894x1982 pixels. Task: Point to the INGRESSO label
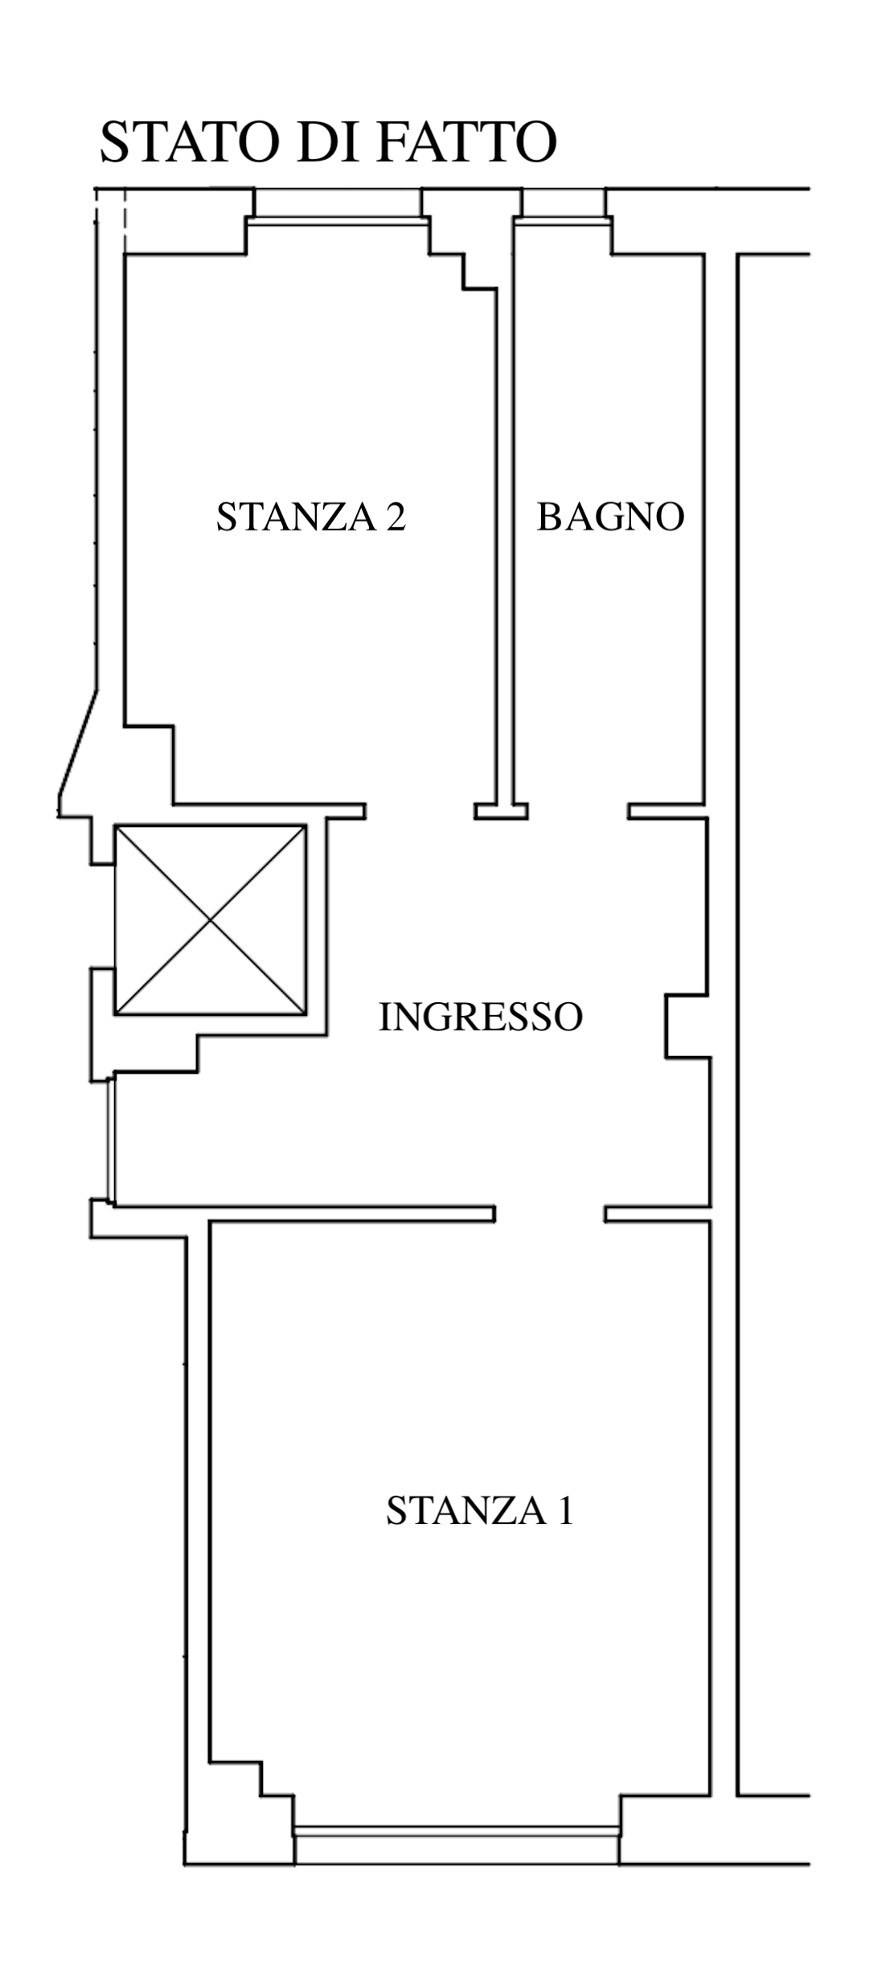480,1018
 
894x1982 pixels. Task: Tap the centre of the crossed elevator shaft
211,919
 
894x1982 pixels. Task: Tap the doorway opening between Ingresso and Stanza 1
550,1214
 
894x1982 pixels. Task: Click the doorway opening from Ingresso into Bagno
578,811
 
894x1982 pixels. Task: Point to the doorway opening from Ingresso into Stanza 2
420,811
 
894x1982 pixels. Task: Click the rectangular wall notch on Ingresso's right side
687,1026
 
